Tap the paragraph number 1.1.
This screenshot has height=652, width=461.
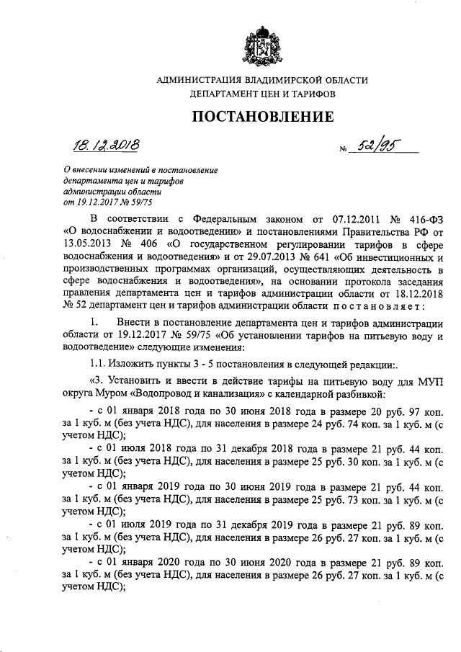[x=97, y=362]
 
